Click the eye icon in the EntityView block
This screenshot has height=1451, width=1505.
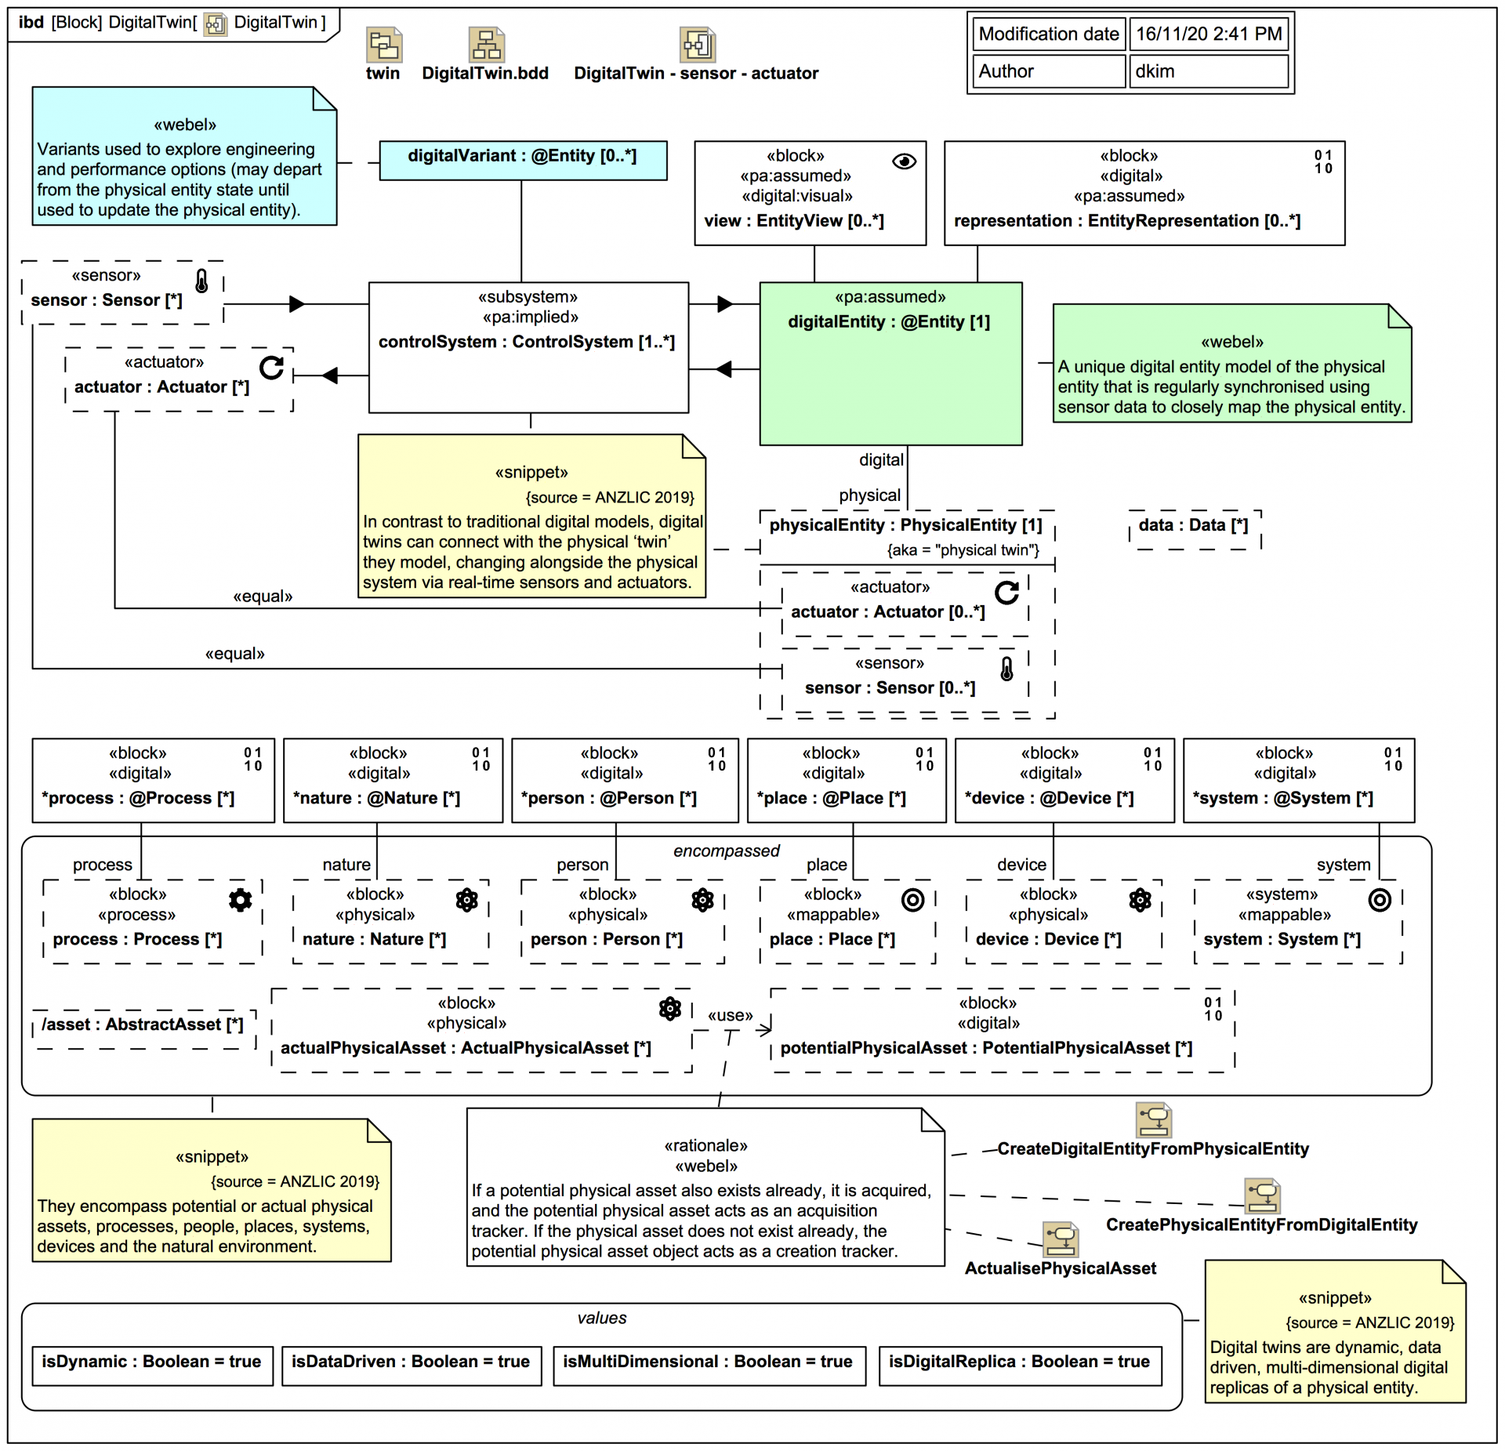(x=904, y=161)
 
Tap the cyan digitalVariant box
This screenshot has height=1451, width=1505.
(x=523, y=160)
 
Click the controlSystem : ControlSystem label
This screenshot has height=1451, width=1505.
(x=526, y=342)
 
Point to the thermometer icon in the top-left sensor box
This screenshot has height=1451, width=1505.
(x=201, y=281)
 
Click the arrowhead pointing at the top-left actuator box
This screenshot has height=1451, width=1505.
(x=330, y=375)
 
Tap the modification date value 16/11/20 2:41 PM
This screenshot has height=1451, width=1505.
(x=1208, y=34)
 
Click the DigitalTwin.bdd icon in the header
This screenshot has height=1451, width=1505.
(x=486, y=45)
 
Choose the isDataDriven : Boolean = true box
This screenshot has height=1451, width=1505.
(x=411, y=1364)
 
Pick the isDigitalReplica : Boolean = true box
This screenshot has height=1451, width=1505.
(x=1019, y=1364)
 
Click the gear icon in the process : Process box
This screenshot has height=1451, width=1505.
(x=240, y=900)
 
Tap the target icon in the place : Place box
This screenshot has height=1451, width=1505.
(x=912, y=900)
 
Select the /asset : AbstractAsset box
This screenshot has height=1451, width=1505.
(x=143, y=1027)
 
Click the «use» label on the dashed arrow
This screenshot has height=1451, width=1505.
(x=730, y=1016)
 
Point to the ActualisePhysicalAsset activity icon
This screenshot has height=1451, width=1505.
(x=1061, y=1239)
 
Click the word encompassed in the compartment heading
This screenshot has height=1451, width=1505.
(x=726, y=851)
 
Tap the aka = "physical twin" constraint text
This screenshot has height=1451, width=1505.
(x=963, y=550)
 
